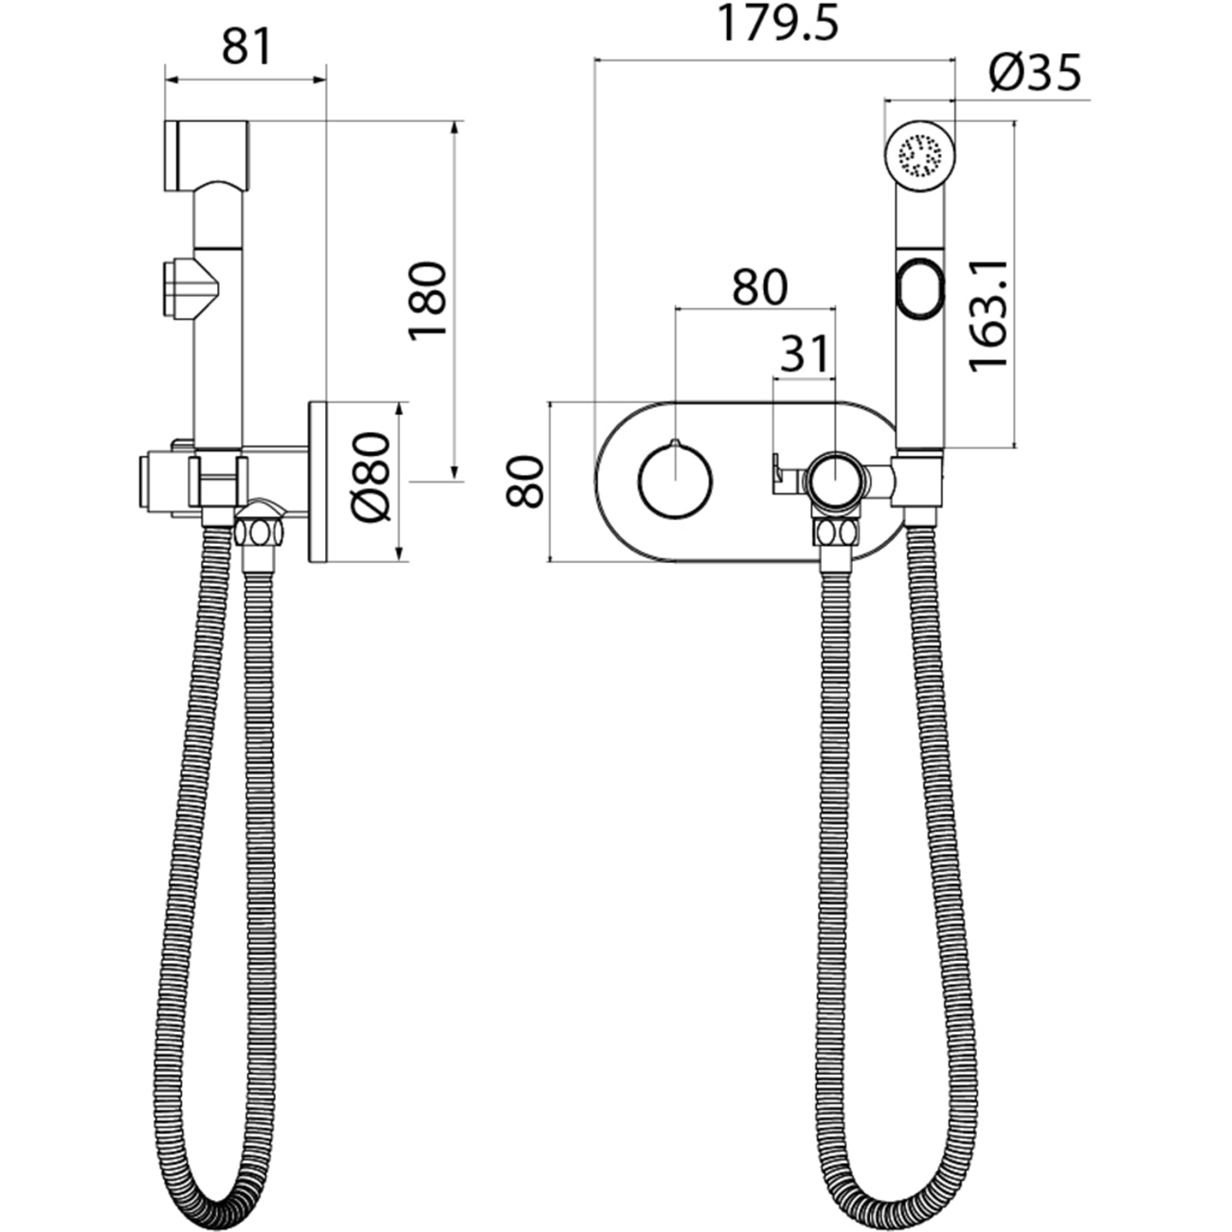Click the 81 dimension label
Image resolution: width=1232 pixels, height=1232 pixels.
[246, 46]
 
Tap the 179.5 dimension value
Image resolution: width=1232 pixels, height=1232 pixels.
[777, 24]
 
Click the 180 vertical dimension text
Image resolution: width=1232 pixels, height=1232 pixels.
[427, 301]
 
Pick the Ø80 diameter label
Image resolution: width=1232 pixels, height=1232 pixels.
[371, 478]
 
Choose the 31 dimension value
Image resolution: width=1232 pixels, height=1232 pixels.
[805, 353]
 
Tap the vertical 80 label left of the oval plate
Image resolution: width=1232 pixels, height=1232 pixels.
[525, 480]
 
